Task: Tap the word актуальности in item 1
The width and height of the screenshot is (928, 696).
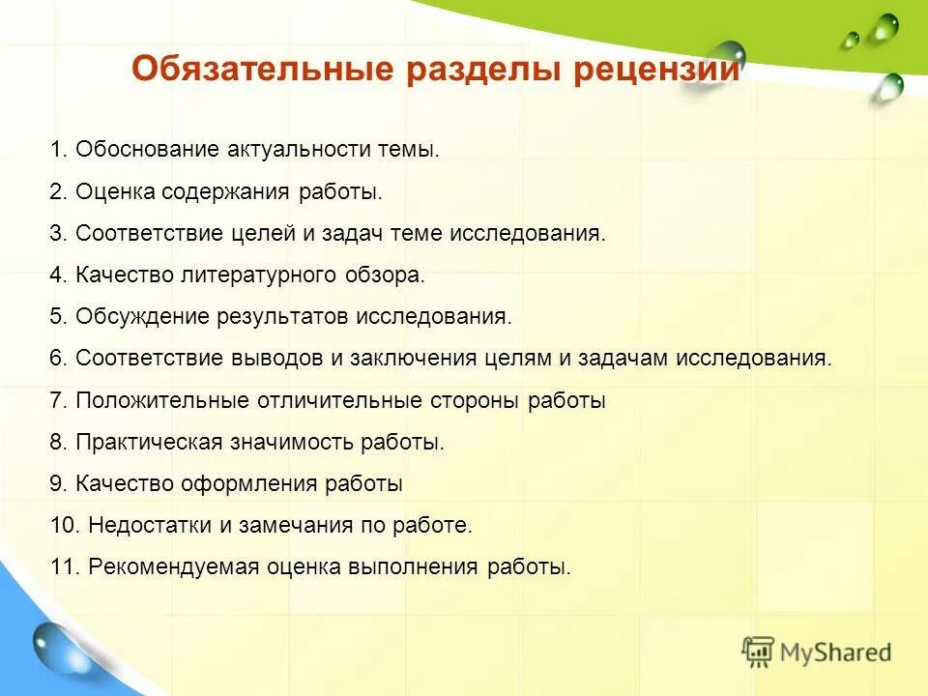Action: click(x=289, y=150)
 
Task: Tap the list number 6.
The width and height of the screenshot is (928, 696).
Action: click(x=57, y=358)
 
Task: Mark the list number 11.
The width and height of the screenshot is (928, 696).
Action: click(x=63, y=567)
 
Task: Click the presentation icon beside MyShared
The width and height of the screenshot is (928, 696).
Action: click(x=758, y=652)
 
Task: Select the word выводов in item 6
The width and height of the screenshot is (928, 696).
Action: click(x=279, y=358)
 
